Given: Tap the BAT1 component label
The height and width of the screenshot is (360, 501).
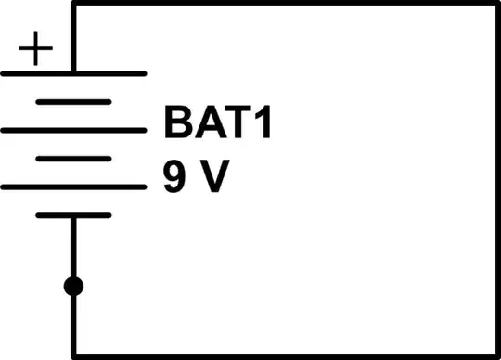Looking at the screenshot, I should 218,123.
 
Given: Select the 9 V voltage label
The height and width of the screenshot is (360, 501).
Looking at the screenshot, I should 195,176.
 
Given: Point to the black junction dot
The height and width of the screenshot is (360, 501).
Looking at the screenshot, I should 73,287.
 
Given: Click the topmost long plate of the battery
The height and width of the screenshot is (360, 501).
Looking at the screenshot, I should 73,72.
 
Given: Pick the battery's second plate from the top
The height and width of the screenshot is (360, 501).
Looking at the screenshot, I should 73,101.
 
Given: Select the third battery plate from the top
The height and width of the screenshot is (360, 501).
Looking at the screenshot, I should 73,130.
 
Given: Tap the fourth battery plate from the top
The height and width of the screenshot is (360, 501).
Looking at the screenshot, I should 73,159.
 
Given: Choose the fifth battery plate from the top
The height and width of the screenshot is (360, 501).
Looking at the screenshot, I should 73,187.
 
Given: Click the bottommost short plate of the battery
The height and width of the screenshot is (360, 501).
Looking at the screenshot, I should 73,215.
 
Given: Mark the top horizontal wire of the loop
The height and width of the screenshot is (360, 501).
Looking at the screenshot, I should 278,4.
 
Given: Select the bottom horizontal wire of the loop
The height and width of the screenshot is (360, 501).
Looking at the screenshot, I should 278,358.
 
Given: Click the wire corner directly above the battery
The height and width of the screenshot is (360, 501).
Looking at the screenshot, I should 73,4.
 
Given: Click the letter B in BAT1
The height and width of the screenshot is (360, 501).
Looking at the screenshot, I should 177,123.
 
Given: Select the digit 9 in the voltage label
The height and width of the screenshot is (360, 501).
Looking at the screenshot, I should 175,176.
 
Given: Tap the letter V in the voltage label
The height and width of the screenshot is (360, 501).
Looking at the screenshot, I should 212,176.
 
